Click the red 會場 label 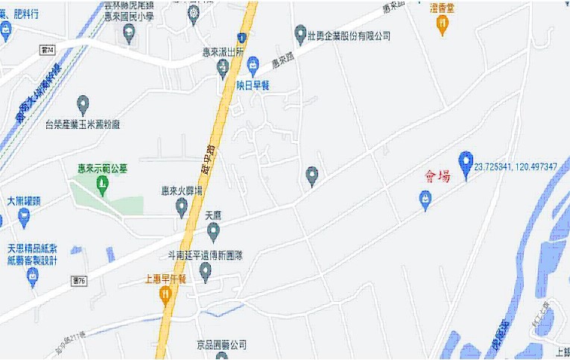437,177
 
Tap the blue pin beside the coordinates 466,162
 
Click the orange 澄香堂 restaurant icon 443,26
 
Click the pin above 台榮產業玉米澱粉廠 83,104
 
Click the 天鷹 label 213,215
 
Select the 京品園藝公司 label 221,345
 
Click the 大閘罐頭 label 28,201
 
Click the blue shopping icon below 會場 425,199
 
